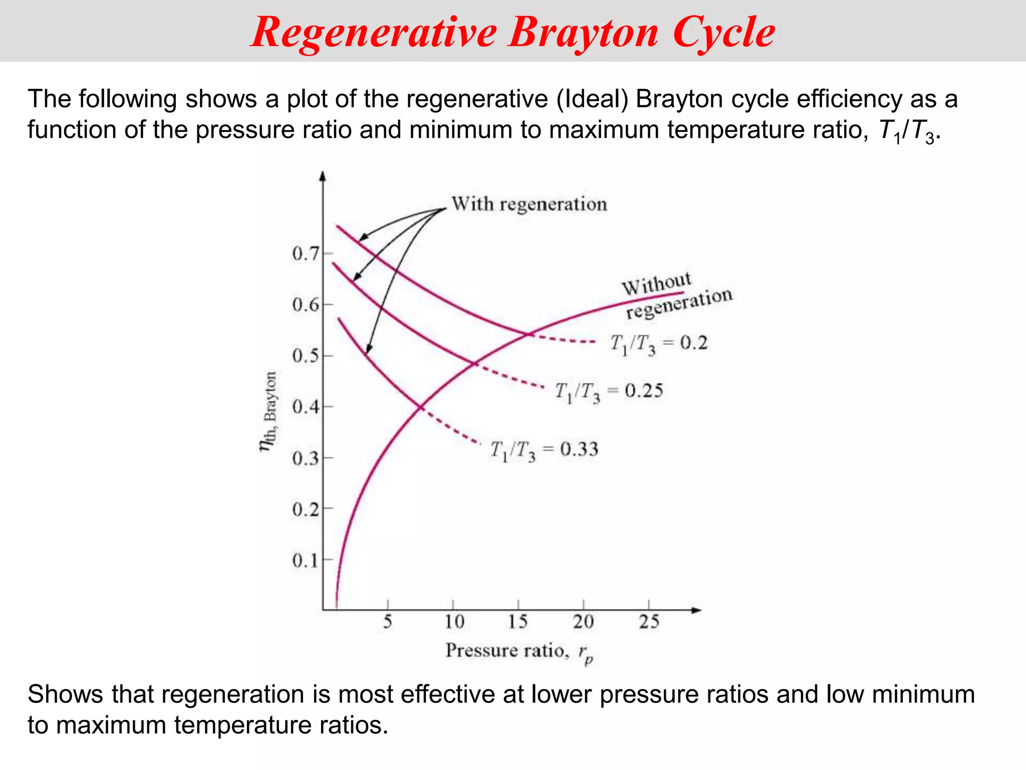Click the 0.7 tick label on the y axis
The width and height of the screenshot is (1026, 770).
pos(305,254)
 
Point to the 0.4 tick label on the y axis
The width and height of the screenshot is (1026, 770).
pos(305,407)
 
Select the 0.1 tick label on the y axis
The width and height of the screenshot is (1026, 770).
pos(305,560)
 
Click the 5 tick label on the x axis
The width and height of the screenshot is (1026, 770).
pos(388,622)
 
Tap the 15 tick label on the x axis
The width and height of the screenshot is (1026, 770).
pos(518,622)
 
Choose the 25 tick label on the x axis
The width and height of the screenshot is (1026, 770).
pos(649,622)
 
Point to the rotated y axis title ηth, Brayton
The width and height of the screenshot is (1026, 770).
pos(269,411)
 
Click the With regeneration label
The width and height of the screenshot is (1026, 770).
pos(529,204)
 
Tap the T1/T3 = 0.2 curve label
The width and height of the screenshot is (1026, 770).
pos(658,344)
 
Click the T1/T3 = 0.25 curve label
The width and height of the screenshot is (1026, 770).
pos(609,392)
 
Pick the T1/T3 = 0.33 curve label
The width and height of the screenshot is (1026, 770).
pos(544,450)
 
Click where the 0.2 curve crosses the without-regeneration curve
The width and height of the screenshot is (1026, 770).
pos(528,334)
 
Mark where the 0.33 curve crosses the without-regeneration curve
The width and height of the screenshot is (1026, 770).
pos(420,407)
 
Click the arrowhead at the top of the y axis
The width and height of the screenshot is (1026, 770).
pos(323,176)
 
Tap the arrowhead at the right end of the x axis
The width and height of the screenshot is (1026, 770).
pos(696,610)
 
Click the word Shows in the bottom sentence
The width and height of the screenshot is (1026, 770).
pos(65,695)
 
